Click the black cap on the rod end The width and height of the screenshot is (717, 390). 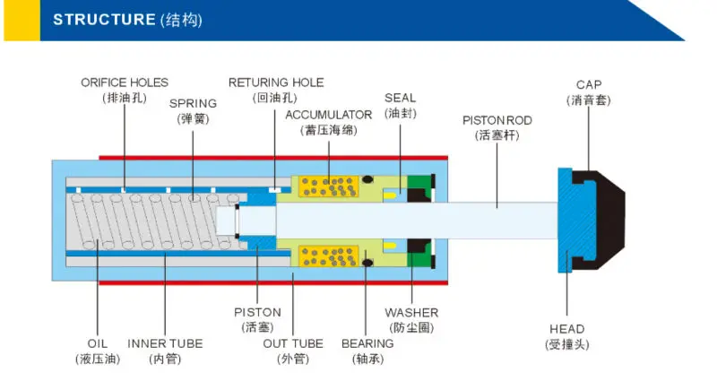603,220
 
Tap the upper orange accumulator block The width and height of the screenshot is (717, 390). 328,186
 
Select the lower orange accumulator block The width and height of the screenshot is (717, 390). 328,256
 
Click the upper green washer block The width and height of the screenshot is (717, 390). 419,181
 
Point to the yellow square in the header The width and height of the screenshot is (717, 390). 22,21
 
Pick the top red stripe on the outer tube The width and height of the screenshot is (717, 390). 273,158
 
